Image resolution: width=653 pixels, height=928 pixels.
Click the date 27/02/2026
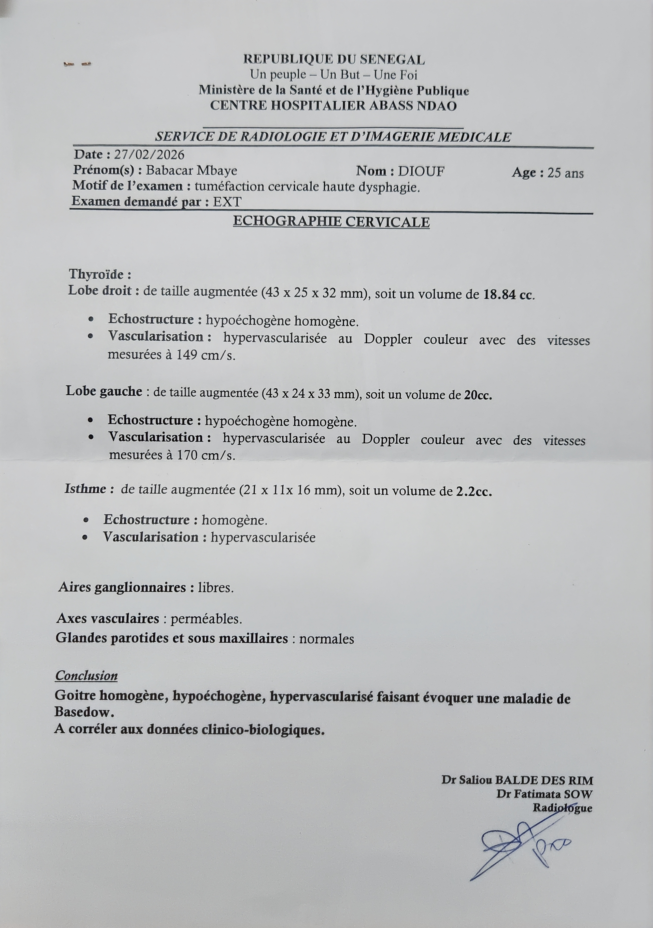[x=149, y=155]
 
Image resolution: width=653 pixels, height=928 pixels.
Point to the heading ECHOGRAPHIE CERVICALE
[x=331, y=222]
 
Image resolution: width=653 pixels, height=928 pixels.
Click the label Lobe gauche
[x=104, y=391]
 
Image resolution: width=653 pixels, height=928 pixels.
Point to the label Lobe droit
[x=100, y=291]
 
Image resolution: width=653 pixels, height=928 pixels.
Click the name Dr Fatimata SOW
[x=544, y=794]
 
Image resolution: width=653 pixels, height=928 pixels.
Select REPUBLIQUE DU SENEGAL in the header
[x=334, y=60]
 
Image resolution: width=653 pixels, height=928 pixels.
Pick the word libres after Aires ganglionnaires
[x=215, y=587]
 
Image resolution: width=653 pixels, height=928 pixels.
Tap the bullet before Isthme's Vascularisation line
[x=85, y=538]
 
